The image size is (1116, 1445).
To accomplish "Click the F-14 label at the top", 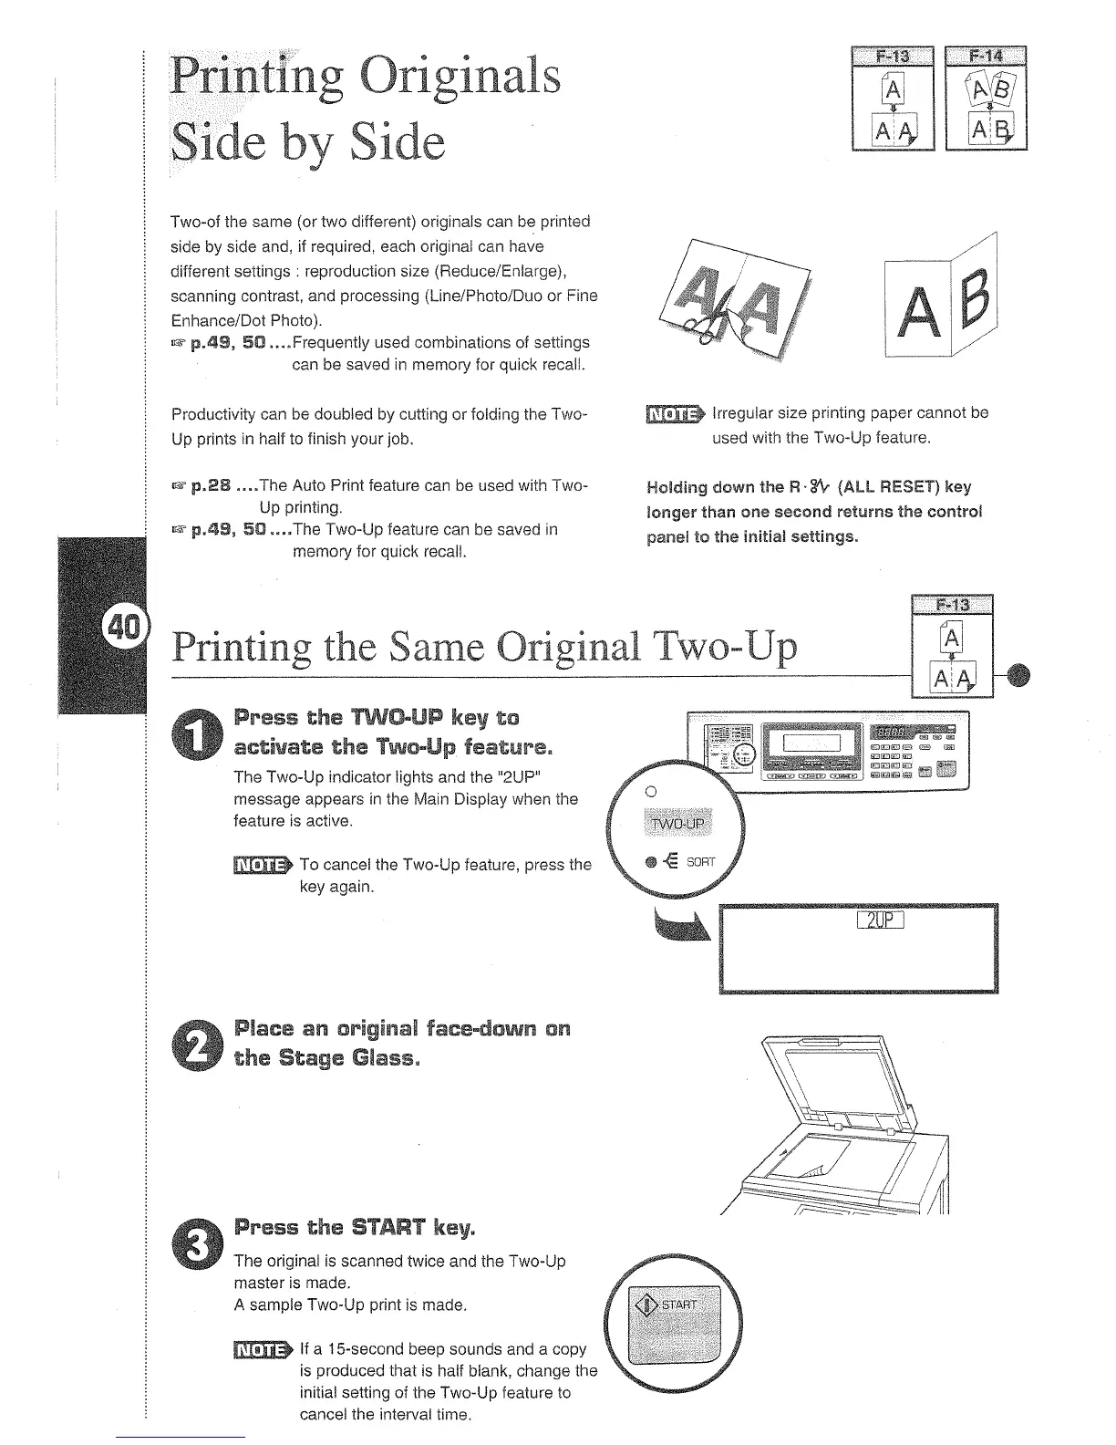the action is point(986,56).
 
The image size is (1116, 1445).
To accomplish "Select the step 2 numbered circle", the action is point(205,1045).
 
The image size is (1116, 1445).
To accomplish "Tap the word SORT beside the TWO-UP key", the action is point(701,861).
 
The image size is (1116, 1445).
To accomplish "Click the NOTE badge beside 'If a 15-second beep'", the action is point(262,1349).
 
